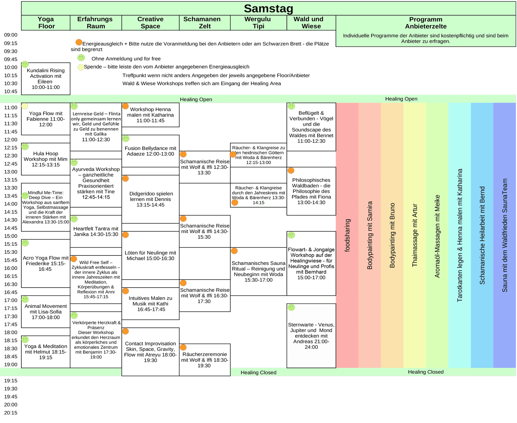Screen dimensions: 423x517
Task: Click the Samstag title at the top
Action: click(268, 9)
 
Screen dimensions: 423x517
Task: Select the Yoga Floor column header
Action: click(46, 23)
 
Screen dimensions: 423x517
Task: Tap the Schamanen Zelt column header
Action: click(204, 23)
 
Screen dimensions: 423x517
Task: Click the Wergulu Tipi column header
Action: click(258, 23)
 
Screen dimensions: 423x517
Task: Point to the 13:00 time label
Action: click(11, 172)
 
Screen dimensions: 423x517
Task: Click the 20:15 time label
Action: click(11, 413)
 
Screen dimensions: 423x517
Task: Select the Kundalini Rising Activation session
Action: click(46, 79)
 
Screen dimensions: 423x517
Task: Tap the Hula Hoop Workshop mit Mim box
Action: click(46, 159)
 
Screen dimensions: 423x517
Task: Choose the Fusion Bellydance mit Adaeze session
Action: click(150, 151)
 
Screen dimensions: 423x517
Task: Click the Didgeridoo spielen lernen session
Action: click(150, 199)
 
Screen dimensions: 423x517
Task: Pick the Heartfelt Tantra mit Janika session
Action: click(96, 231)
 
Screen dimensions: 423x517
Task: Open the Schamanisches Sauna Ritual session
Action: click(258, 271)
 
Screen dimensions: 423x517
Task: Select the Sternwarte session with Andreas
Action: click(311, 336)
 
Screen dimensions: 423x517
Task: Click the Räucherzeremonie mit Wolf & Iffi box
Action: click(205, 360)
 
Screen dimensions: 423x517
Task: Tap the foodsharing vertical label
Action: click(347, 235)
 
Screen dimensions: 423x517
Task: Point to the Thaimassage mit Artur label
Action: click(415, 235)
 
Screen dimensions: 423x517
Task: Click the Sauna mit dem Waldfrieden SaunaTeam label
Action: click(505, 235)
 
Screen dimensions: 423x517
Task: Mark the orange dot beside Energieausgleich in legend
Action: click(79, 42)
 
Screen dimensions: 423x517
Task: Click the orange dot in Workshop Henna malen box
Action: click(125, 106)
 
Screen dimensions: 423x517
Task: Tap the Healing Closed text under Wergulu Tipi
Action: click(258, 372)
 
